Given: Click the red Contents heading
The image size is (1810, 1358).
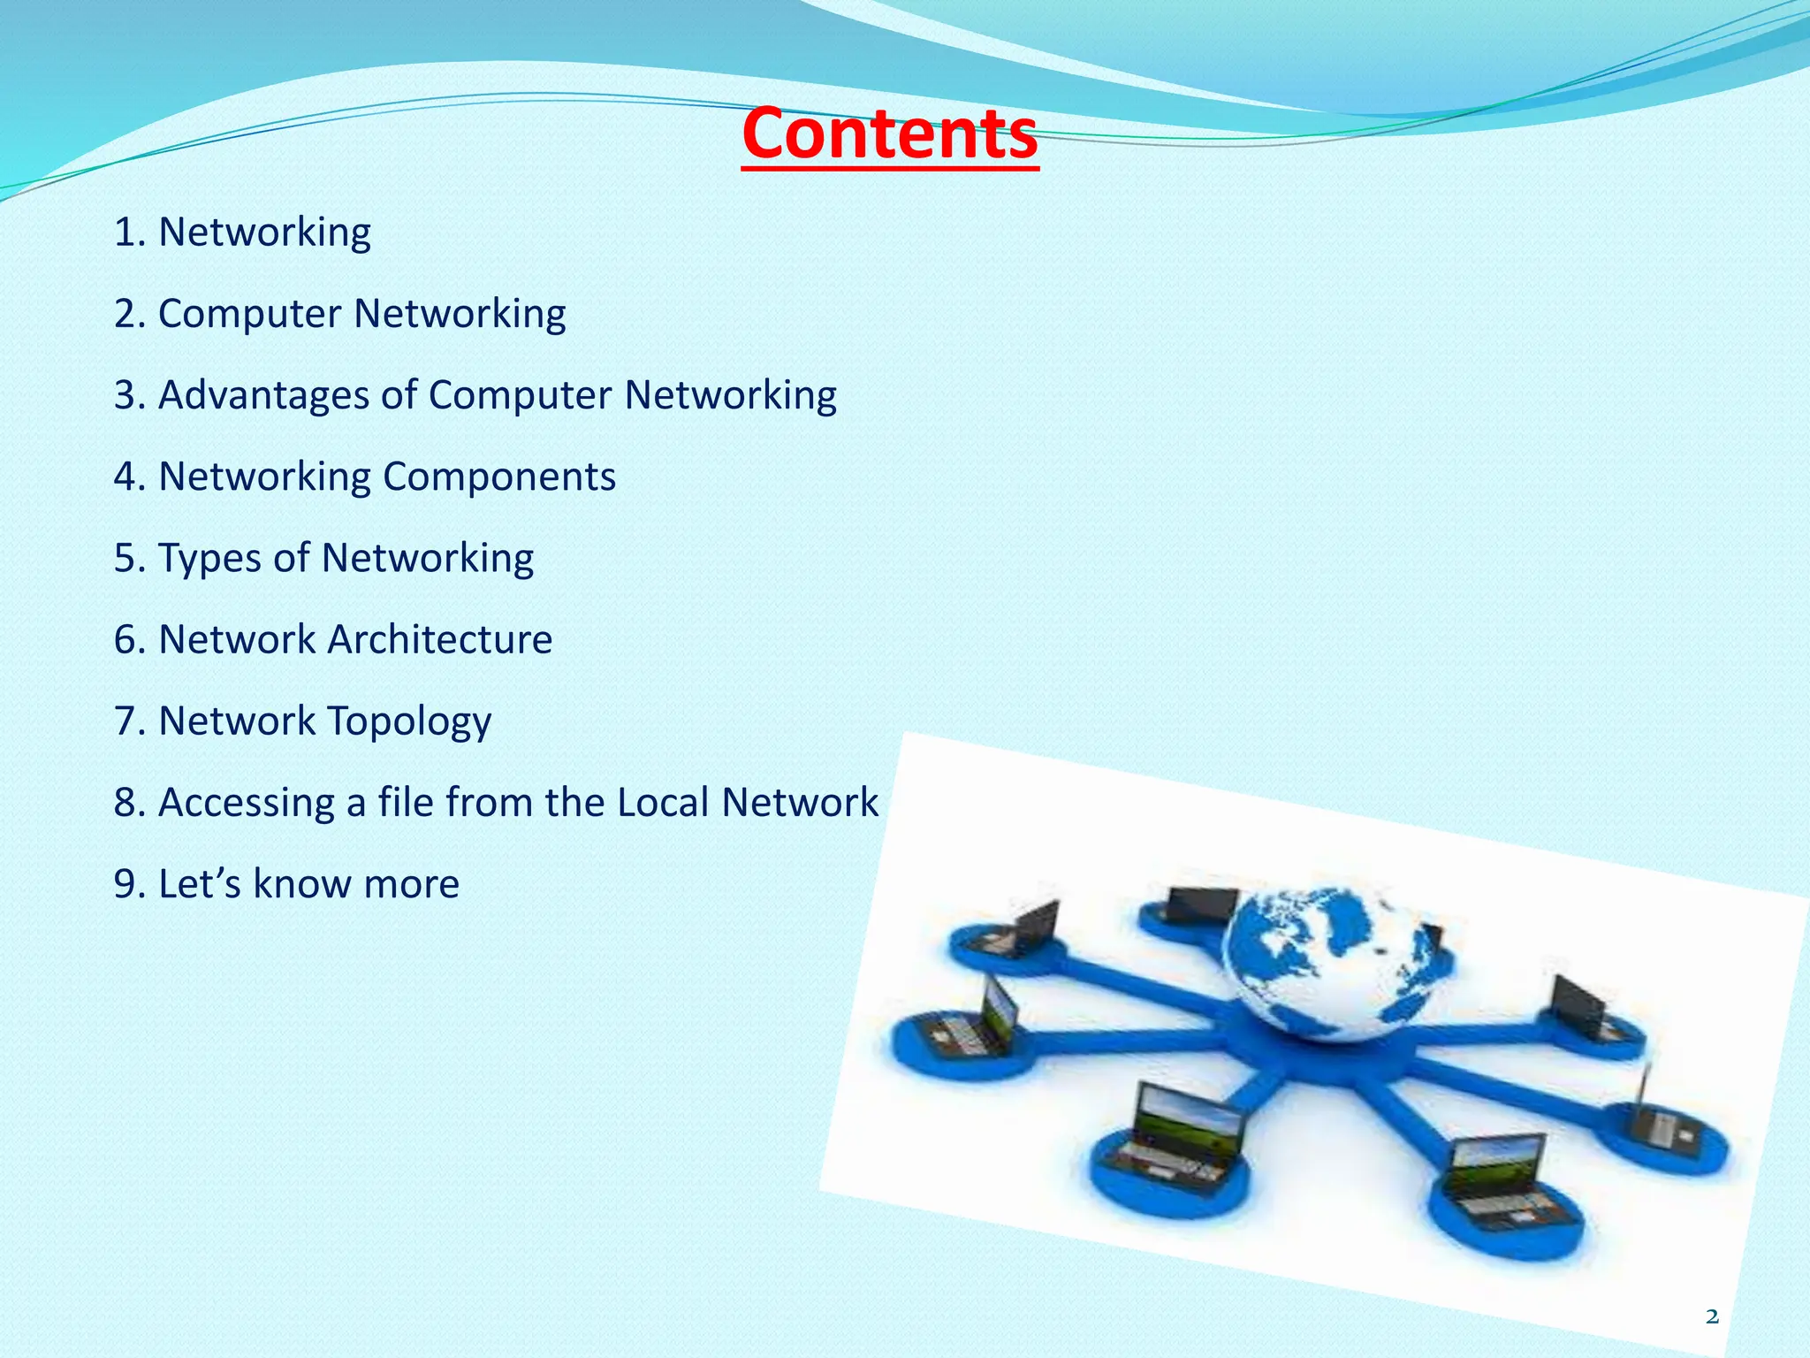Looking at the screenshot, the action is (890, 134).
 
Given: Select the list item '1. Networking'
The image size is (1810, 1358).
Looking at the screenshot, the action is (242, 233).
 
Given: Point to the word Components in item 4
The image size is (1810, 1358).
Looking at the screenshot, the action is (499, 477).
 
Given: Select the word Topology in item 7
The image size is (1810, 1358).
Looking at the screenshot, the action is (410, 721).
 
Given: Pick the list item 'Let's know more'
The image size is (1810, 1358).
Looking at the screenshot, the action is (286, 884).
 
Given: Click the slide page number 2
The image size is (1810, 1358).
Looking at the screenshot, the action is (1712, 1317).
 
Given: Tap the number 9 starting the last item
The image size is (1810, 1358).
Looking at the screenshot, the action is (125, 884).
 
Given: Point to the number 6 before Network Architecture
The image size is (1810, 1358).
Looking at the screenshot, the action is (125, 640).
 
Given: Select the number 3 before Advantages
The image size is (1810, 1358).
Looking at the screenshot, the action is (125, 395).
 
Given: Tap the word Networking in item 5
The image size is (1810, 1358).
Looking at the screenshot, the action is (427, 559).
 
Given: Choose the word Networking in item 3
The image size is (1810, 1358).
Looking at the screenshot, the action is (730, 395).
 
